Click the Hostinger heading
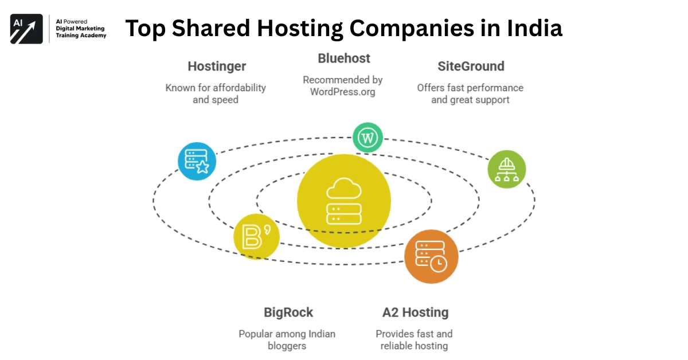click(x=217, y=66)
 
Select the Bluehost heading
click(x=344, y=58)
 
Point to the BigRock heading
click(x=288, y=312)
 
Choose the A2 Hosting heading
click(x=415, y=312)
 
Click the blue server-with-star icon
click(x=197, y=161)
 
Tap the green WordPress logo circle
click(x=368, y=138)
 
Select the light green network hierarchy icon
click(x=506, y=169)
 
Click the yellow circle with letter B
click(x=256, y=236)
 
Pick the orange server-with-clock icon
click(x=431, y=256)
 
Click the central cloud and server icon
click(x=343, y=201)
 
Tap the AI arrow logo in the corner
click(x=26, y=29)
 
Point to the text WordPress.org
click(x=343, y=92)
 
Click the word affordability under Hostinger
click(x=239, y=88)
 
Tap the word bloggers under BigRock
click(x=287, y=346)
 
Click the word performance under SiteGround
click(x=494, y=88)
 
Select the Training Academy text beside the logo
click(x=81, y=36)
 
